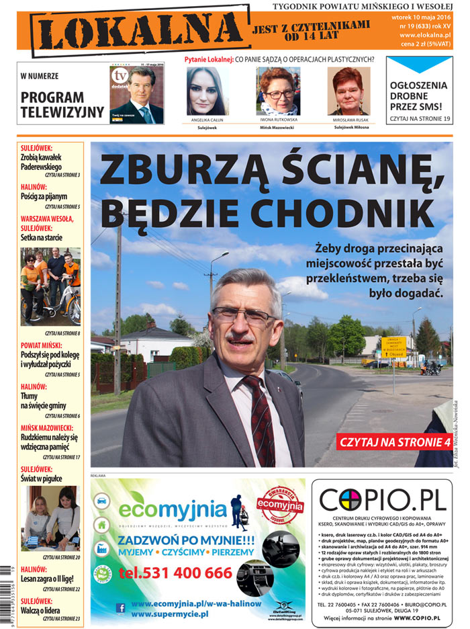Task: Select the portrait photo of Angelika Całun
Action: click(208, 91)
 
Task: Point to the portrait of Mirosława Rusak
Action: click(348, 91)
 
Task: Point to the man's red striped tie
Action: click(258, 417)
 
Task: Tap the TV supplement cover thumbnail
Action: click(137, 94)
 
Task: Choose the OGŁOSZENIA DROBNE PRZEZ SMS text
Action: click(419, 95)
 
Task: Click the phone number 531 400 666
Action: click(175, 573)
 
